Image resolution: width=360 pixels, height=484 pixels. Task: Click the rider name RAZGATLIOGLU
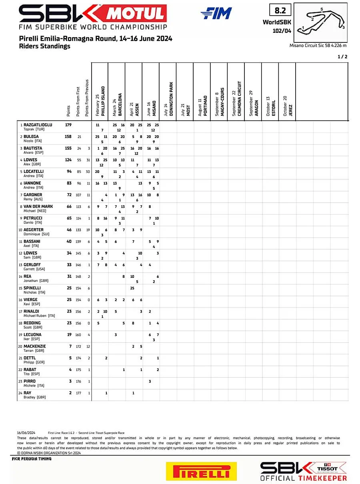[x=38, y=125]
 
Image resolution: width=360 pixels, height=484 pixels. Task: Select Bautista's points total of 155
[x=68, y=148]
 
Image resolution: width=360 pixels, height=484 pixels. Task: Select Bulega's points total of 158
[x=68, y=137]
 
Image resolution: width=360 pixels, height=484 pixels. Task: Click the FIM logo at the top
[x=216, y=14]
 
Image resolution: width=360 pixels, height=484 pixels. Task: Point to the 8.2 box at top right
[x=280, y=10]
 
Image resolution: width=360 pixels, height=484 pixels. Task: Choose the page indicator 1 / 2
[x=342, y=56]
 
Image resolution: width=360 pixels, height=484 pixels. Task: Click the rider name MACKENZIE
[x=35, y=346]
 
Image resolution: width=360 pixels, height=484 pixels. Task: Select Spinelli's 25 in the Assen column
[x=132, y=288]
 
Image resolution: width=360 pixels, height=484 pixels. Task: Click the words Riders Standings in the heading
[x=44, y=46]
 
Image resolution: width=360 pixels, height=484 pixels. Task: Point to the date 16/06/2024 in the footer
[x=26, y=433]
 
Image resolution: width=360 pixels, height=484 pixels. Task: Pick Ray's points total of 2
[x=70, y=393]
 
